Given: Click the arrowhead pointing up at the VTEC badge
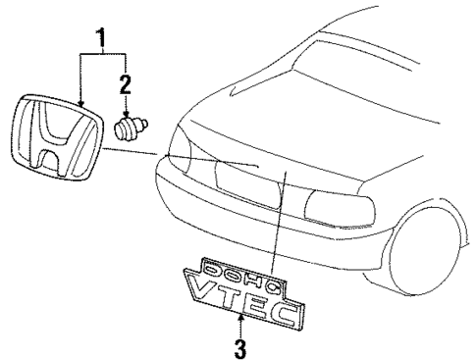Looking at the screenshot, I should pyautogui.click(x=239, y=320).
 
